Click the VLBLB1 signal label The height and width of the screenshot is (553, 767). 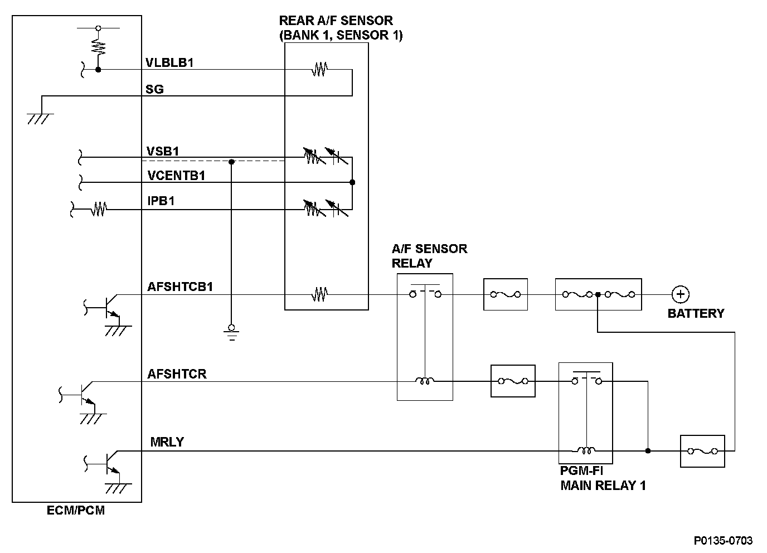click(x=169, y=62)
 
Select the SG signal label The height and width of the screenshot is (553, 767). click(x=155, y=89)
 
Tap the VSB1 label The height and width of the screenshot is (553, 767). click(x=163, y=151)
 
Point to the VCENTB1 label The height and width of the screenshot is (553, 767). click(x=177, y=176)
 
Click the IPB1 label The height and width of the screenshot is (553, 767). click(x=161, y=201)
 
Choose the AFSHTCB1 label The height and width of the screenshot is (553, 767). click(x=180, y=287)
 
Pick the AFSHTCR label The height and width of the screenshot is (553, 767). click(x=177, y=373)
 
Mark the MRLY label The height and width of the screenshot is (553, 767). click(x=167, y=443)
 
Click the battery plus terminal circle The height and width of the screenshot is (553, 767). click(x=680, y=294)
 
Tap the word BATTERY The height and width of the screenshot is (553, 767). click(x=696, y=313)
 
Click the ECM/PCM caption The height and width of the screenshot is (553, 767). click(x=76, y=510)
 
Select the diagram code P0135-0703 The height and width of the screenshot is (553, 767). click(x=723, y=540)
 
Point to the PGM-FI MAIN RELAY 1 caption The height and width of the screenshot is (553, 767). click(x=603, y=479)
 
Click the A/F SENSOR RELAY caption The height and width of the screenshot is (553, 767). click(x=429, y=255)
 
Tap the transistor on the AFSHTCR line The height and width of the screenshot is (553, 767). click(x=86, y=393)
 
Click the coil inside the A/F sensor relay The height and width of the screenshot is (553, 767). click(x=424, y=382)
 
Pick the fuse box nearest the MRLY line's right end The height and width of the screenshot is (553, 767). click(x=702, y=450)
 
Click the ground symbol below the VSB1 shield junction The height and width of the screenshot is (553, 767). click(x=232, y=331)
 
